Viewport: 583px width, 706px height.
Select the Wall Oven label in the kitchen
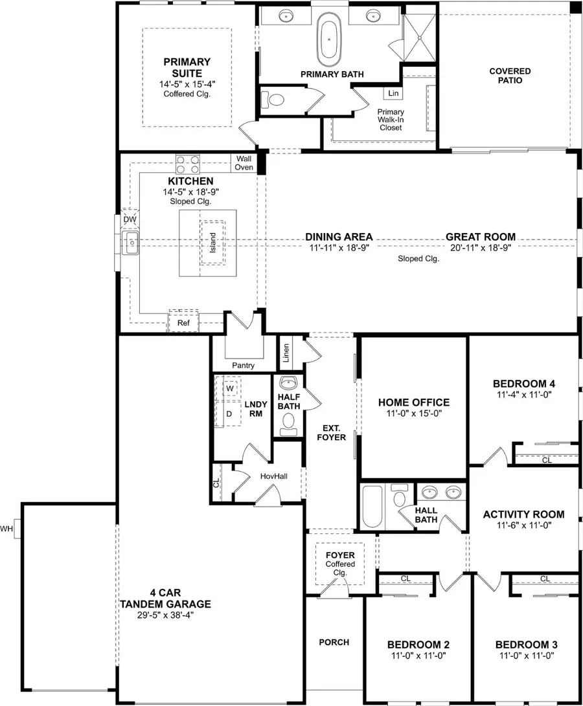click(244, 162)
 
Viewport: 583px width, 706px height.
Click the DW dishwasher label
click(130, 221)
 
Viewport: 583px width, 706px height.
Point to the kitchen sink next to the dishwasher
click(131, 244)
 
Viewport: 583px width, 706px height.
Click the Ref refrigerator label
click(183, 322)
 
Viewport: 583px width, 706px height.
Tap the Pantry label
click(243, 366)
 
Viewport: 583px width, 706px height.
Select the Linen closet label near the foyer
click(286, 353)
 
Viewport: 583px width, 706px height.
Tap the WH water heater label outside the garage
click(8, 528)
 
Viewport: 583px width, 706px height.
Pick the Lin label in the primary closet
click(393, 94)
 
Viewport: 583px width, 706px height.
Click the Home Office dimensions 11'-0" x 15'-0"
click(413, 415)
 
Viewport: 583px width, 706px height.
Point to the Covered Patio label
click(510, 76)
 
